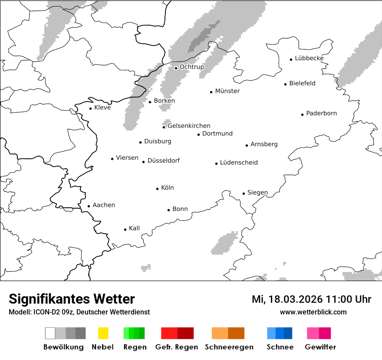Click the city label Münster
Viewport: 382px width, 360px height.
[x=227, y=91]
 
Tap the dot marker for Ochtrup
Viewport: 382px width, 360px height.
[x=176, y=68]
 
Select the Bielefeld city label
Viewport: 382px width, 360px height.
[x=302, y=83]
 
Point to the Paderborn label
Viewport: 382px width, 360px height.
[x=321, y=113]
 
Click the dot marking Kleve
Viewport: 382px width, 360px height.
[x=90, y=108]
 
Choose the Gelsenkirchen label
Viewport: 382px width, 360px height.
[x=189, y=126]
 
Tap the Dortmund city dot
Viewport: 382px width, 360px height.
[x=198, y=134]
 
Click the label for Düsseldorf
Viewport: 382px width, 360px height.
[x=163, y=160]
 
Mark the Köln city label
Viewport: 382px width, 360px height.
[x=167, y=187]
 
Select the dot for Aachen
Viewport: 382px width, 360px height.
[x=89, y=206]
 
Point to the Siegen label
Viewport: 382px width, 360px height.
[x=257, y=193]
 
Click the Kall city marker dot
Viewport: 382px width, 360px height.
[x=125, y=229]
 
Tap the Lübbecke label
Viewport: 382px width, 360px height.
[x=309, y=58]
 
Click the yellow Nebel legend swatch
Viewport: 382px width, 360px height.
[x=103, y=333]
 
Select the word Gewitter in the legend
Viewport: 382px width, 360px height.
[x=320, y=347]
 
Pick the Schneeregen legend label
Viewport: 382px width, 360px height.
[x=229, y=347]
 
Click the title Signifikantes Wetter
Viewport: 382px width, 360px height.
[x=72, y=299]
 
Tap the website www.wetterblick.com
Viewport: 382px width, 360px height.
[x=313, y=312]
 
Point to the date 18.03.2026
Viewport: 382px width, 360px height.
[x=295, y=299]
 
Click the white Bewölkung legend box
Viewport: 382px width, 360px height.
[x=50, y=333]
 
